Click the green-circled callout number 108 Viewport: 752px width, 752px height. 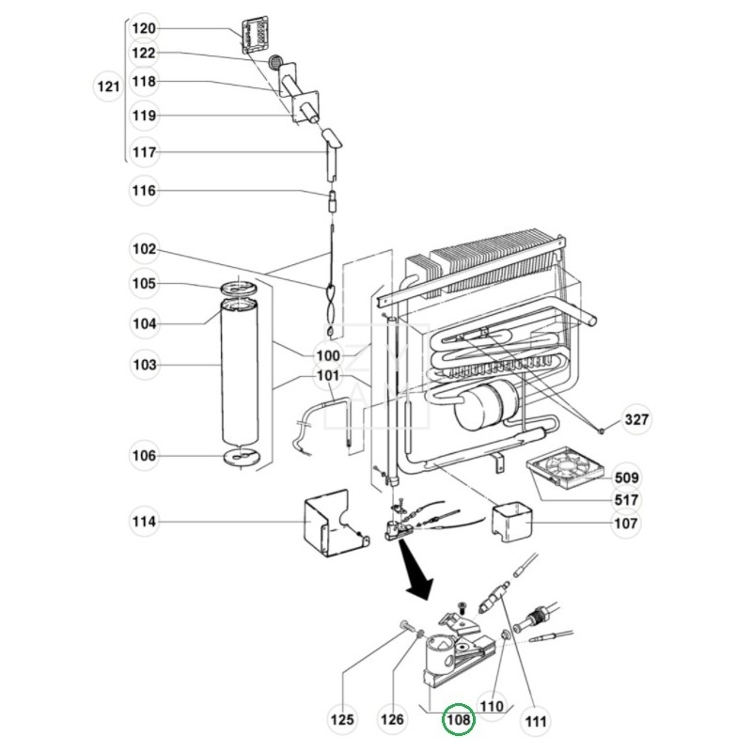[x=458, y=719]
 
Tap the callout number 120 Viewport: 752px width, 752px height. [x=144, y=29]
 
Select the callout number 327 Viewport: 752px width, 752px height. [x=636, y=419]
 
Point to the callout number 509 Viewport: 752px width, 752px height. [x=626, y=478]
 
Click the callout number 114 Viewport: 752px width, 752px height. [x=144, y=522]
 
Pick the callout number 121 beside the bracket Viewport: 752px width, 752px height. [x=108, y=86]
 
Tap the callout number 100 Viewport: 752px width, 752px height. [x=327, y=356]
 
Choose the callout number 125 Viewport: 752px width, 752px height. [x=342, y=719]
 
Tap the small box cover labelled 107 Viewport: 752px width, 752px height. [x=511, y=522]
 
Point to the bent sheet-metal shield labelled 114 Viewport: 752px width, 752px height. [x=336, y=524]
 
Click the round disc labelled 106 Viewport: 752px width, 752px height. [x=241, y=457]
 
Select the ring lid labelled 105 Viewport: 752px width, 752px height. [x=239, y=289]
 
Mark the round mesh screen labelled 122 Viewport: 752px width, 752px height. [x=274, y=62]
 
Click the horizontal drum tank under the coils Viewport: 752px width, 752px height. [x=486, y=405]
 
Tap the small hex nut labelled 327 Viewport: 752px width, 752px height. [x=602, y=431]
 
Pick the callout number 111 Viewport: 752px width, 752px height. [x=535, y=720]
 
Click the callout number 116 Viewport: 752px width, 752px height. [x=144, y=191]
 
